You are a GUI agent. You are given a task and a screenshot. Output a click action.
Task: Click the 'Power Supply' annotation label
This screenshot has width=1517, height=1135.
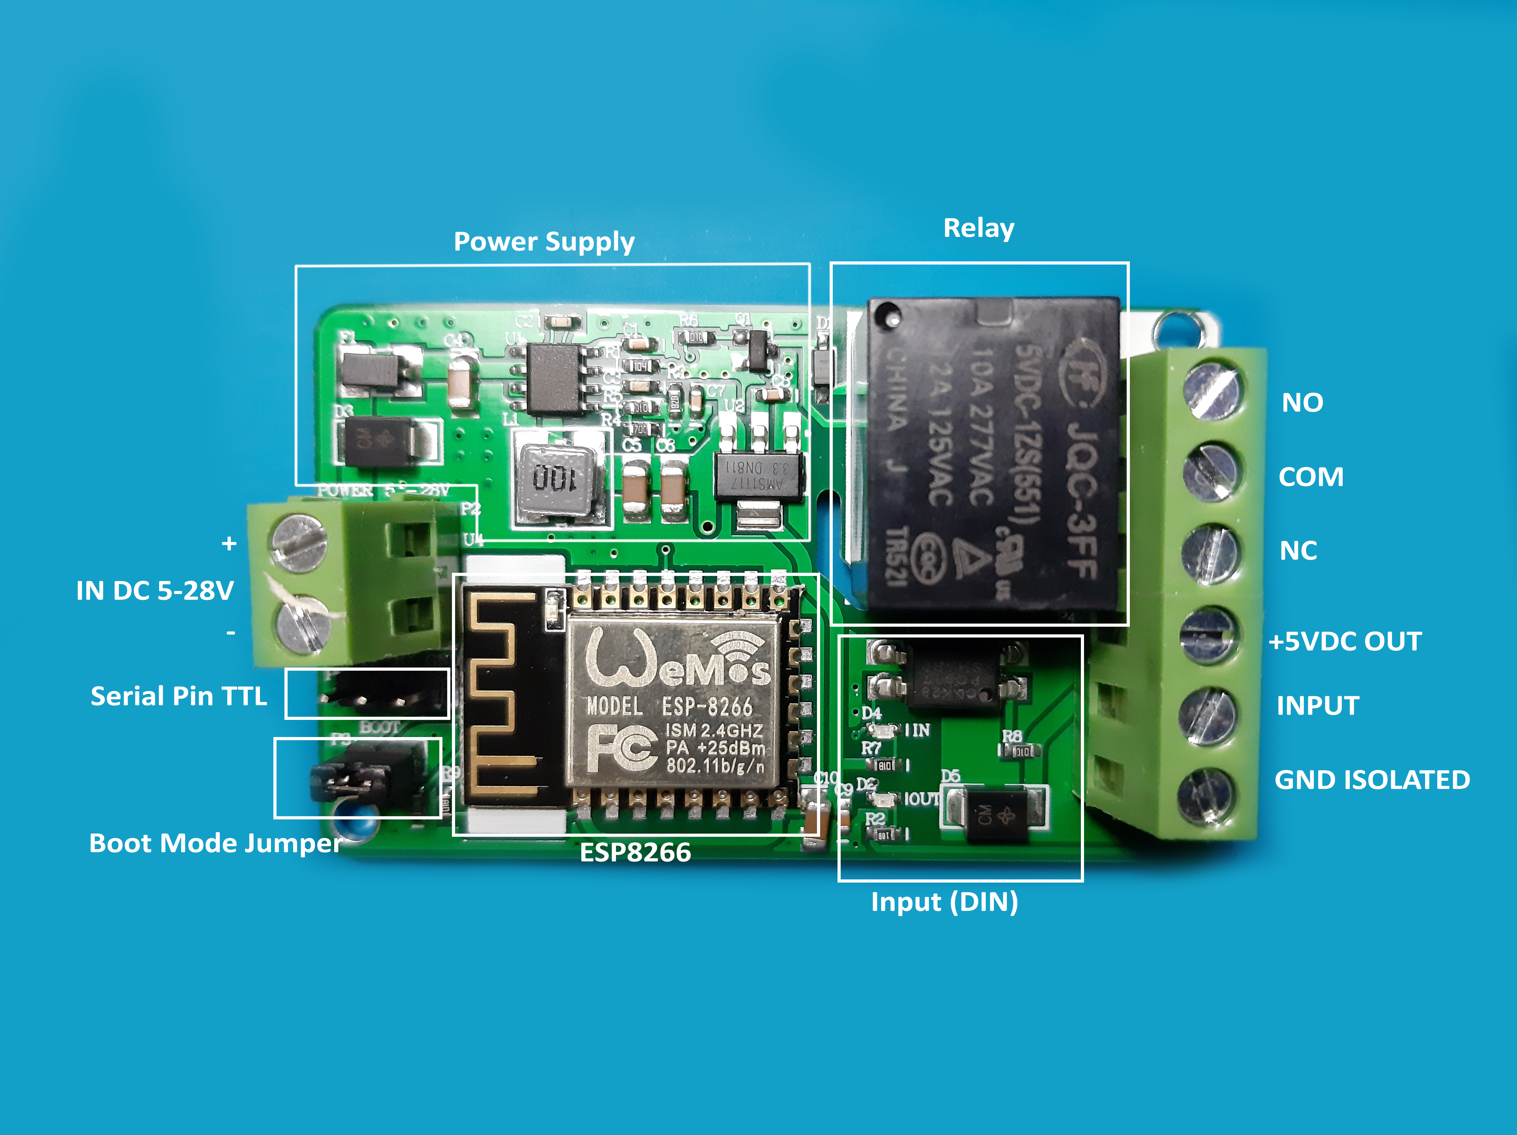[x=544, y=242]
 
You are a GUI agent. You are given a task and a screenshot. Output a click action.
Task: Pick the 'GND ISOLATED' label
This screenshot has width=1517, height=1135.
[x=1372, y=780]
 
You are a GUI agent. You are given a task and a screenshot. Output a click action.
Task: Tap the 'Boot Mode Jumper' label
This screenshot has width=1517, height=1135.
[x=215, y=843]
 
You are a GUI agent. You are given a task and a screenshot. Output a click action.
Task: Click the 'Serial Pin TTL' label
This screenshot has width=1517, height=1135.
[x=178, y=696]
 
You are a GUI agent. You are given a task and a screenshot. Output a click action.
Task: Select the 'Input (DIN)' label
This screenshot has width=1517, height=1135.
[x=944, y=902]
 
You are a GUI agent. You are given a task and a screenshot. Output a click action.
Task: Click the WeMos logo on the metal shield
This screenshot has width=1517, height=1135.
[x=676, y=660]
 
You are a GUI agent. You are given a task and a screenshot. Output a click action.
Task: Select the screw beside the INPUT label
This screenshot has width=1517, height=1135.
[x=1207, y=715]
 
